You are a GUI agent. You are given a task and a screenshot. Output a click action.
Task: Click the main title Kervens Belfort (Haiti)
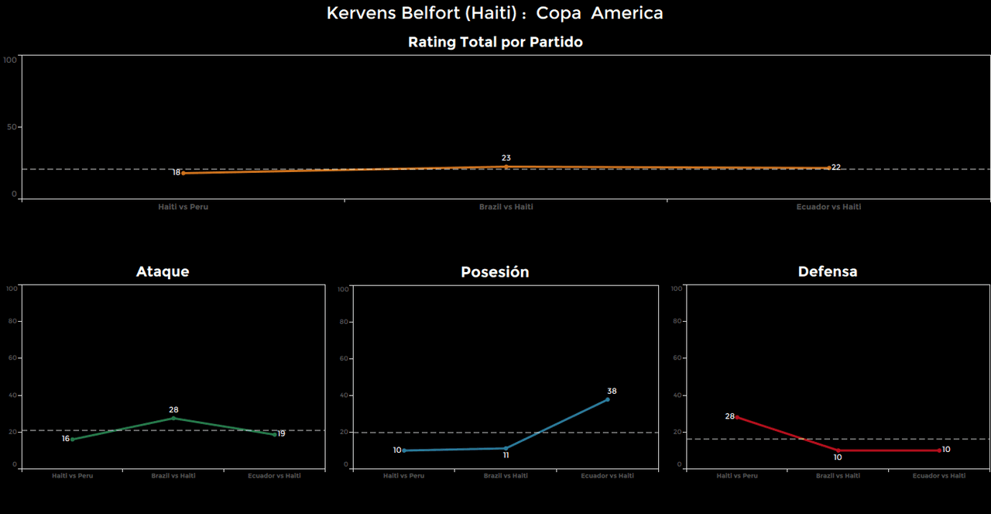click(495, 13)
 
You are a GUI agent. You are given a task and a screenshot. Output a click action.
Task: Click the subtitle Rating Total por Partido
click(495, 43)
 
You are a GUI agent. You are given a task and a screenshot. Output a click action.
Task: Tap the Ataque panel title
click(163, 271)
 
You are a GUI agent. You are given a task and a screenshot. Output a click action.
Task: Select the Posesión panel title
click(495, 272)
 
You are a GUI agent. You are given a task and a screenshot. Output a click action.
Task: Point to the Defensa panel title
click(828, 271)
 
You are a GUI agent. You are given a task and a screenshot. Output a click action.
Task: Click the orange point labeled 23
click(506, 167)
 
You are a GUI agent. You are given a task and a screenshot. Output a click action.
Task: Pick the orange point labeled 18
click(183, 173)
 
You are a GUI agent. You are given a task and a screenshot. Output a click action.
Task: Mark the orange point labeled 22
click(828, 167)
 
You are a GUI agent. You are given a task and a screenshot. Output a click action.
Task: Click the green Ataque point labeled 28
click(173, 418)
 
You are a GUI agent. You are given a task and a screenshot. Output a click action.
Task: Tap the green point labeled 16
click(73, 440)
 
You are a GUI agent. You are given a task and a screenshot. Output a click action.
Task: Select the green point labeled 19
click(274, 434)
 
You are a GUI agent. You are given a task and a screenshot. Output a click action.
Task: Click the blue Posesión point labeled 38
click(607, 399)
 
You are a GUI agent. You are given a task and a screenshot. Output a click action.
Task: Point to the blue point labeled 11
click(506, 448)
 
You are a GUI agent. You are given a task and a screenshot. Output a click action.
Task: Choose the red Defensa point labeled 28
click(736, 417)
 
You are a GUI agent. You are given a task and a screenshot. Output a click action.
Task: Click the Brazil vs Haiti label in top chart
click(506, 207)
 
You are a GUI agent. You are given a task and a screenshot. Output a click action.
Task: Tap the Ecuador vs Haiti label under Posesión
click(607, 476)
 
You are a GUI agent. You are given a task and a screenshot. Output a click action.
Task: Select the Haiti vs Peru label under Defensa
click(737, 476)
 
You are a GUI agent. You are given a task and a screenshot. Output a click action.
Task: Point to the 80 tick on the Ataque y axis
click(12, 322)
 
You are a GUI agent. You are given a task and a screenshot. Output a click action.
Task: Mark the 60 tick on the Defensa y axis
click(677, 358)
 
